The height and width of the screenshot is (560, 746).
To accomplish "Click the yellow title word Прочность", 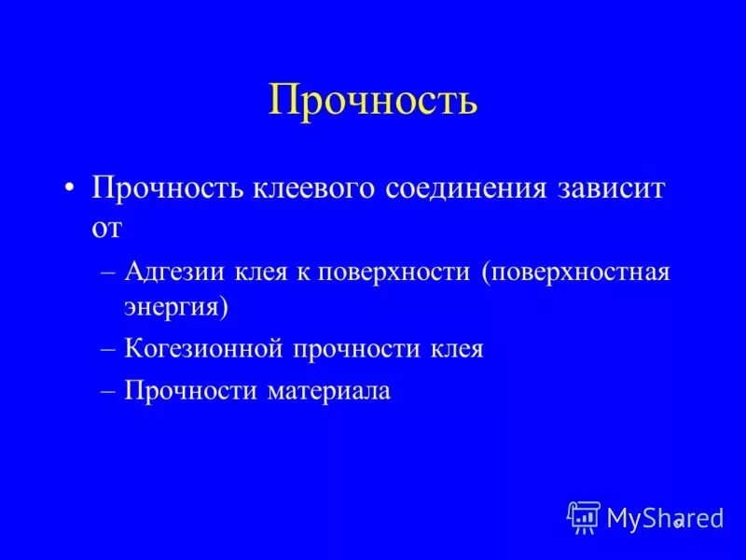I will pyautogui.click(x=373, y=100).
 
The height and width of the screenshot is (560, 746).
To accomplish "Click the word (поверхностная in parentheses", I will pyautogui.click(x=575, y=273).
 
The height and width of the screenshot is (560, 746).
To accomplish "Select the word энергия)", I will pyautogui.click(x=177, y=306).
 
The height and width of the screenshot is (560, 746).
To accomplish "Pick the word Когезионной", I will pyautogui.click(x=203, y=349).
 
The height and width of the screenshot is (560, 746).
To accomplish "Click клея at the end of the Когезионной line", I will pyautogui.click(x=456, y=349).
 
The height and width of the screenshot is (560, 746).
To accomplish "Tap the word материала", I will pyautogui.click(x=329, y=391).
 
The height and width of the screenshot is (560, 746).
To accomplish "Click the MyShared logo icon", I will pyautogui.click(x=584, y=517).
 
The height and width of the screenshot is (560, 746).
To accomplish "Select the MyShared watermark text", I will pyautogui.click(x=664, y=518).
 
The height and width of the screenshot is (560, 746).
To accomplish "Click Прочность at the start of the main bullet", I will pyautogui.click(x=166, y=189).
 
